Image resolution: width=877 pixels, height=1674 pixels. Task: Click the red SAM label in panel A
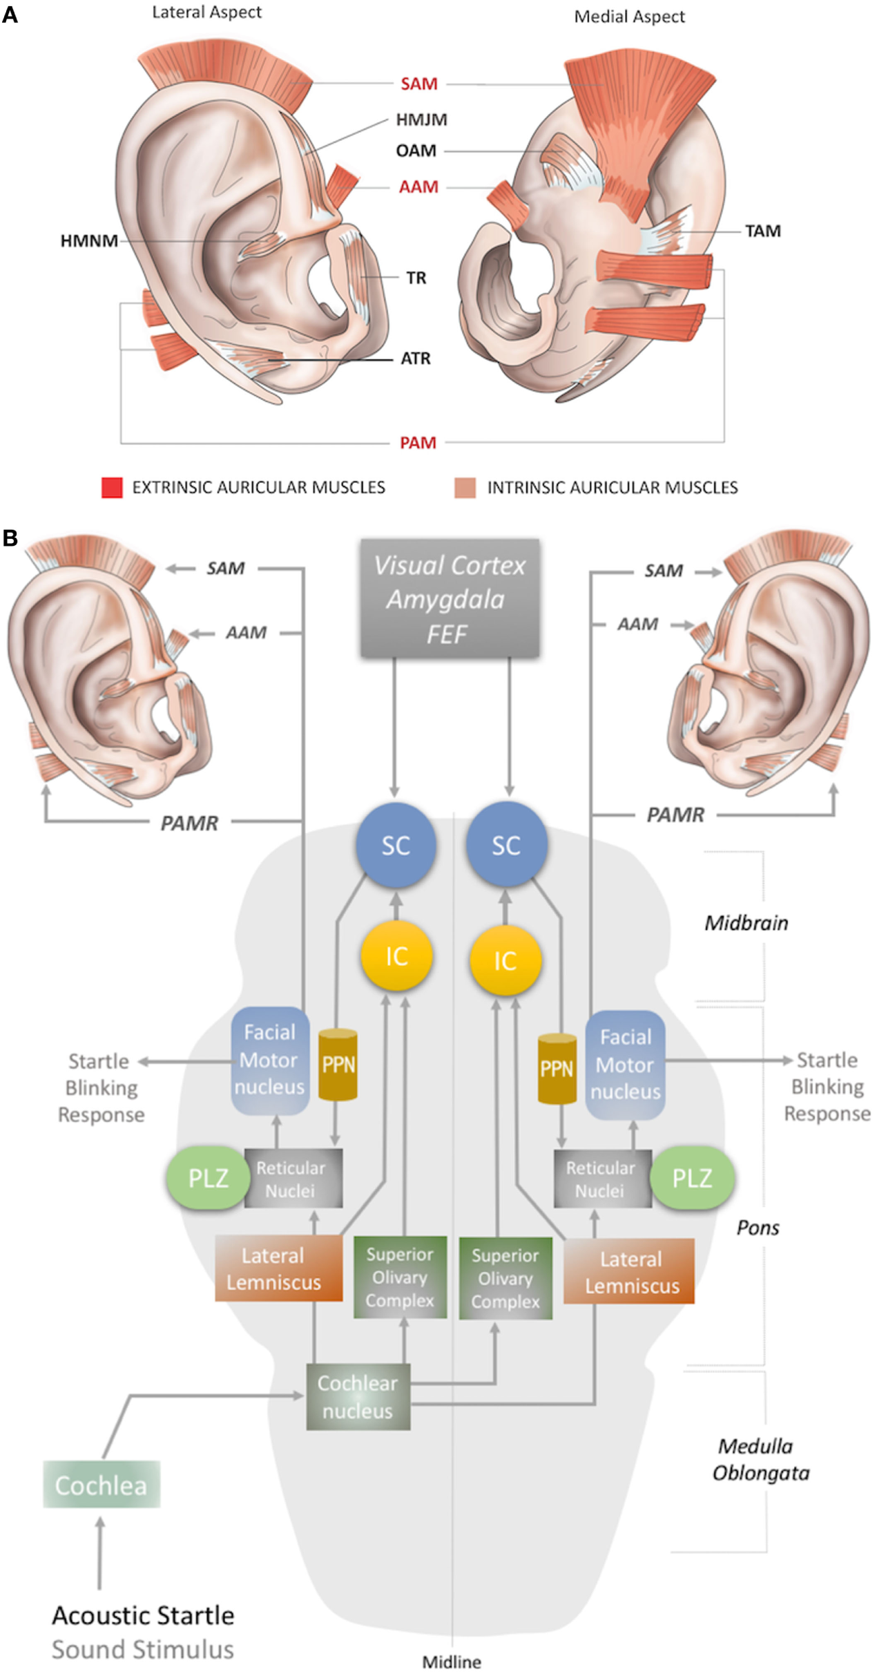coord(419,84)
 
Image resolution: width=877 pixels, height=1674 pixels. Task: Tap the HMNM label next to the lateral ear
coord(89,241)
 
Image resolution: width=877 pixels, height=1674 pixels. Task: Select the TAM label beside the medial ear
coord(763,231)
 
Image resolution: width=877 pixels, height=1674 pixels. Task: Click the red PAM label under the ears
coord(418,443)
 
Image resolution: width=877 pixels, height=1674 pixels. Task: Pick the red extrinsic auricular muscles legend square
coord(112,487)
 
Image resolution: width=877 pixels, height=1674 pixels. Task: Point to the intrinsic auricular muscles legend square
coord(465,487)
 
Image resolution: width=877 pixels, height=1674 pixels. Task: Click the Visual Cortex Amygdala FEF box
coord(450,598)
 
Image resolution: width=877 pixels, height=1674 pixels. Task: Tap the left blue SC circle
coord(396,845)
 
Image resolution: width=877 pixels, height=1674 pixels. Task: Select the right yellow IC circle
coord(505,960)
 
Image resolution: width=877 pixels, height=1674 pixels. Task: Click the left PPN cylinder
coord(338,1065)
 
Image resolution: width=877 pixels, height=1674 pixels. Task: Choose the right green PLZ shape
coord(692,1178)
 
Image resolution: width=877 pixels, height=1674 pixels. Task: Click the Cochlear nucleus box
coord(358,1397)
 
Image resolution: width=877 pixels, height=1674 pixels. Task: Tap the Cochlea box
coord(102,1485)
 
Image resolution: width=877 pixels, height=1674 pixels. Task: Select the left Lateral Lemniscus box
coord(278,1269)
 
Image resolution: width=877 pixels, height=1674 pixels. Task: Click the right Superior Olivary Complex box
coord(505,1278)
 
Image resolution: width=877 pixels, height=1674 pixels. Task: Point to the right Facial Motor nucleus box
coord(625,1065)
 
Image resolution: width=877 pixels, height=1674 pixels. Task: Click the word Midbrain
coord(746,923)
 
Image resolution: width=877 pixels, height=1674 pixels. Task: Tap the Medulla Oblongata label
coord(760,1459)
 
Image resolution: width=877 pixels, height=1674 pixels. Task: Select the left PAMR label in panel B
coord(189,823)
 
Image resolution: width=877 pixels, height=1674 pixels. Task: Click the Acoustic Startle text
coord(143,1615)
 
